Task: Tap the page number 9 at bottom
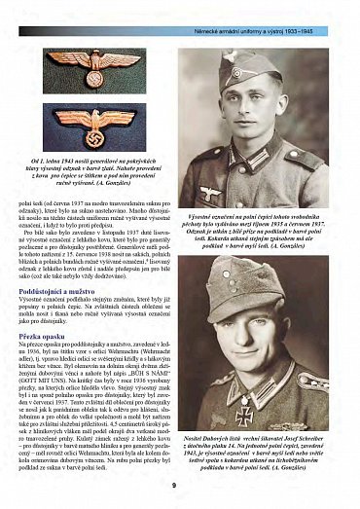click(x=173, y=485)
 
